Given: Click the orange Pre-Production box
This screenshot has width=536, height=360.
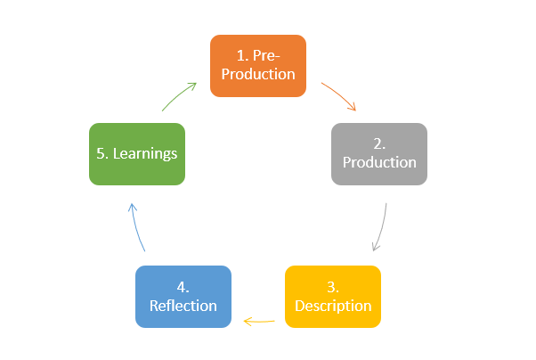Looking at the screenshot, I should point(258,65).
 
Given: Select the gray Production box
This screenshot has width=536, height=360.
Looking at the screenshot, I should point(379,153).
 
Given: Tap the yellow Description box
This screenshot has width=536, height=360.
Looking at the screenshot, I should point(333,296).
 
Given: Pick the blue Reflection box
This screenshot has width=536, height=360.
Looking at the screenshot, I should point(183,296).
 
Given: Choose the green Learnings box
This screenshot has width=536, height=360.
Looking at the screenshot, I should point(137,153).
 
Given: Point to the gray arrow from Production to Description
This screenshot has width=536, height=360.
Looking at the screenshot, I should point(381,227).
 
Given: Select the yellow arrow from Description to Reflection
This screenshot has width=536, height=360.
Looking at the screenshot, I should point(258,320).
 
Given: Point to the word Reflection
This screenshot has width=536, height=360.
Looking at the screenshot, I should point(183,306).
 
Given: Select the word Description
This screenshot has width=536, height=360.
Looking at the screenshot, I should point(333,306).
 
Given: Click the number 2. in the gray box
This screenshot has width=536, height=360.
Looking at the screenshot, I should point(379,143).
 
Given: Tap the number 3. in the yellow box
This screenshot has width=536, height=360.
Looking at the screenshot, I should point(333,287).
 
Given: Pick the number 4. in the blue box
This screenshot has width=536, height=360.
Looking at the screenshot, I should point(183,287).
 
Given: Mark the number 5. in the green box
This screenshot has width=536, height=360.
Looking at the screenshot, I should point(102,153).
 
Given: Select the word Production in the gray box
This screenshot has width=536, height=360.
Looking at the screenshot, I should point(379,163).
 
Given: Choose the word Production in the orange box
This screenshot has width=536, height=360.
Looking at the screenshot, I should point(258,74).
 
